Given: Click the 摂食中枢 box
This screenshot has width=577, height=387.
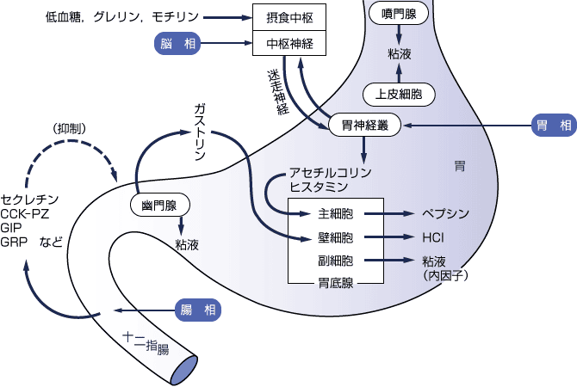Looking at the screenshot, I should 289,15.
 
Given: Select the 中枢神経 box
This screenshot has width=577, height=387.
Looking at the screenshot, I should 289,41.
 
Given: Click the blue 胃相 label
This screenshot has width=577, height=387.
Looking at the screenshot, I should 552,126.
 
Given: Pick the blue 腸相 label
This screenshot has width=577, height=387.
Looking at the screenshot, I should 197,310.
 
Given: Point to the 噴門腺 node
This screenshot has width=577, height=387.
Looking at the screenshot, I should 397,14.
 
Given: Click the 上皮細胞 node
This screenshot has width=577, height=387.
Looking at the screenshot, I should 399,93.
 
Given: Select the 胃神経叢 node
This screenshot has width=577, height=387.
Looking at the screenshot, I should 366,126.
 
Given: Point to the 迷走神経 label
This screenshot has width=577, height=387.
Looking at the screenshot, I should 277,91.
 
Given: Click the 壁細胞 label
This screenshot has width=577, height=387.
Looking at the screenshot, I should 331,236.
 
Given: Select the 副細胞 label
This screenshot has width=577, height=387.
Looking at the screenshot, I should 331,260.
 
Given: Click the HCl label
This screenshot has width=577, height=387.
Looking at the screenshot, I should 432,236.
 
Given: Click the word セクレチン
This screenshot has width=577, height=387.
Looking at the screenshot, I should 29,197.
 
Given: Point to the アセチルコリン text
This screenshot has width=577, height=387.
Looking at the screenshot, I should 320,171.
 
